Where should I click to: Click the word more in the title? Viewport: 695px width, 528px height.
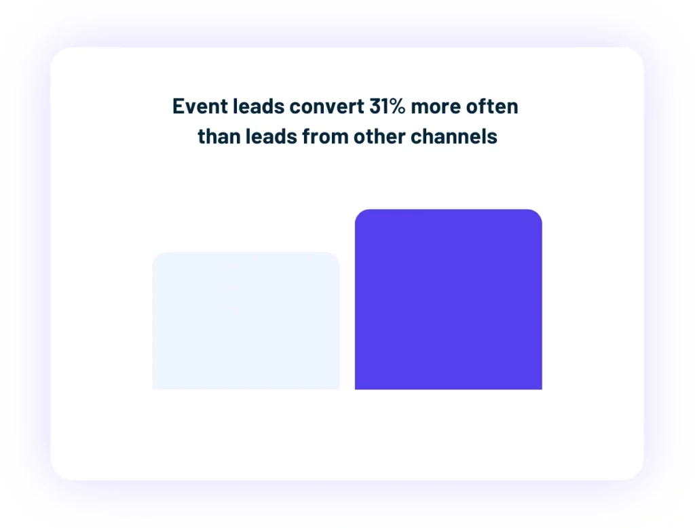coord(436,107)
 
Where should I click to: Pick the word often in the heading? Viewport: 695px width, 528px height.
coord(493,107)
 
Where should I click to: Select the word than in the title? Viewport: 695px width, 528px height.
coord(216,136)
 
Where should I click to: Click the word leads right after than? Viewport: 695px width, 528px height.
coord(267,136)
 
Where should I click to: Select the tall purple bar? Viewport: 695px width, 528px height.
coord(448,299)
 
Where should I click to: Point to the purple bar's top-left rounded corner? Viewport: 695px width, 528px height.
coord(359,214)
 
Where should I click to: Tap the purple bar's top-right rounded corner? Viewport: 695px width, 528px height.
coord(538,214)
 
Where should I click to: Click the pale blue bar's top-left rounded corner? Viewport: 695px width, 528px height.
coord(157,257)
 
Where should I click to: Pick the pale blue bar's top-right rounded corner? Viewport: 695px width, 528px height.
coord(335,257)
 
